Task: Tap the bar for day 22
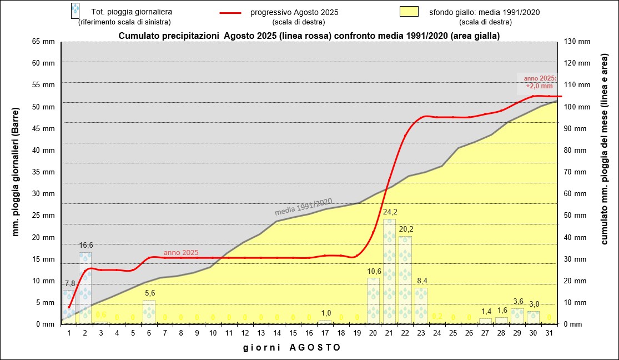[405, 280]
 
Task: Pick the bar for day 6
[149, 312]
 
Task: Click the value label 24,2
[390, 212]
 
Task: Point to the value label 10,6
[374, 271]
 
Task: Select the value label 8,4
[421, 280]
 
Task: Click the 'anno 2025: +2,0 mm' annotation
[540, 82]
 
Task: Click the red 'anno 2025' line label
[181, 252]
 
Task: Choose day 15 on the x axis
[293, 333]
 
